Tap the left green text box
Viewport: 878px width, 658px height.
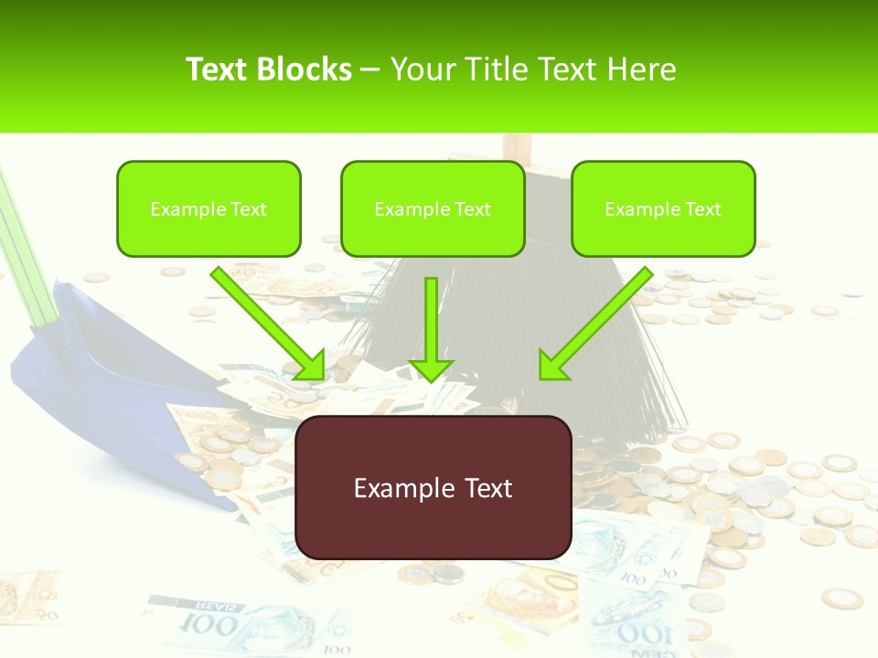[209, 208]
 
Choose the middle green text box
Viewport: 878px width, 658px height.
[433, 208]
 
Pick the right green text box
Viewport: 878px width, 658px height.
[663, 208]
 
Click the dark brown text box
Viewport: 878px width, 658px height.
[434, 487]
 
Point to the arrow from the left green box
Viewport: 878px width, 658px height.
[268, 322]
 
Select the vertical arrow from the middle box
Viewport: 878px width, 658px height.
[432, 329]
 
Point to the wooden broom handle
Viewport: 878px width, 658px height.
[517, 146]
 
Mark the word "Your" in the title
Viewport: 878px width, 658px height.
[422, 69]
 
